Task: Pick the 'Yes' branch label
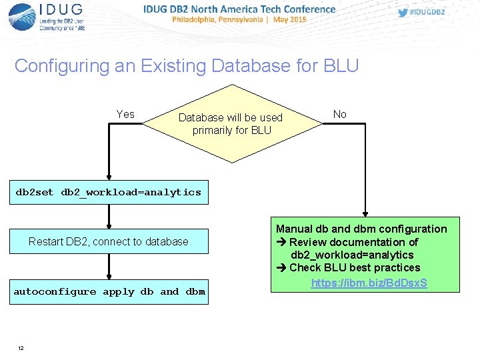click(125, 115)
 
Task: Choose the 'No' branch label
click(340, 115)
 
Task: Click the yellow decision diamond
click(231, 123)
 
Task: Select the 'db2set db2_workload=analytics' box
click(108, 192)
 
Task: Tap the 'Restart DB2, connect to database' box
click(109, 241)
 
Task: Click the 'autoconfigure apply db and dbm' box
click(109, 291)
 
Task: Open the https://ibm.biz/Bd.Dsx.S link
click(369, 283)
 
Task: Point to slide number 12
click(21, 348)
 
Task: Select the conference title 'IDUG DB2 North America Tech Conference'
click(239, 9)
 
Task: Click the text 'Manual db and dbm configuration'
click(361, 229)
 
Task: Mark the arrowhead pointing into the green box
click(365, 213)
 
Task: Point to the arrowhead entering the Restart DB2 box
click(109, 225)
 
